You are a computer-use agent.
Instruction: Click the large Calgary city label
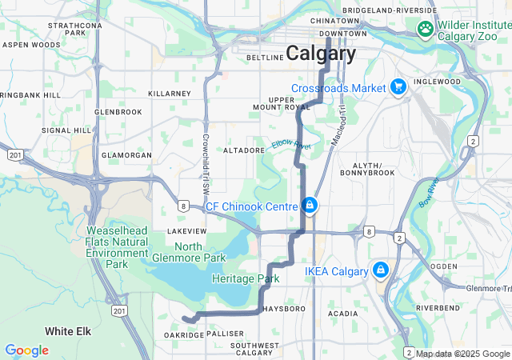coord(321,54)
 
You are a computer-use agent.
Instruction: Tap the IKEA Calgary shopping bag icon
coord(380,270)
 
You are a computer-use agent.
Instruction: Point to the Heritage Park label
coord(246,279)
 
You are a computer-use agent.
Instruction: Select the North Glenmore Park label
coord(188,252)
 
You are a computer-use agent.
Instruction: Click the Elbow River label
coord(290,145)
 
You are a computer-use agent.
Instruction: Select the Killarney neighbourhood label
coord(170,94)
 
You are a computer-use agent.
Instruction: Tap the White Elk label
coord(66,330)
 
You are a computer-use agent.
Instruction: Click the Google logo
coord(26,350)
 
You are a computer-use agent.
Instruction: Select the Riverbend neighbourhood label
coord(438,307)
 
